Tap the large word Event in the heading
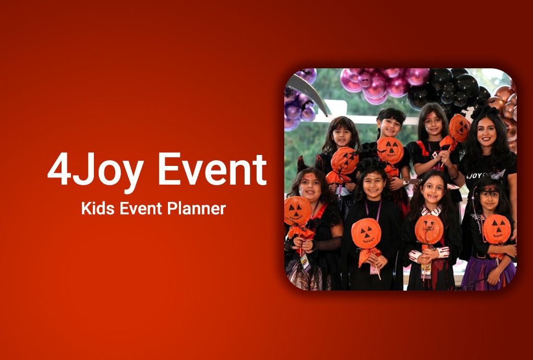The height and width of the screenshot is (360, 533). (212, 170)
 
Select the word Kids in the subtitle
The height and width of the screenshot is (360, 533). (98, 208)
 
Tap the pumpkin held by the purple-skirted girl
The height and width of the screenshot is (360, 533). (496, 229)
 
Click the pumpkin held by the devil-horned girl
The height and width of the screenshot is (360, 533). (297, 211)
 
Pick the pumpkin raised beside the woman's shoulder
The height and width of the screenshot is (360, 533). (459, 128)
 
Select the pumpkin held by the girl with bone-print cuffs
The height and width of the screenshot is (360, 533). (429, 229)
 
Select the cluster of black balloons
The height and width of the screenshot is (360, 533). (448, 88)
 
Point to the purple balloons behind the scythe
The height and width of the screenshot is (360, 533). (300, 102)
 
